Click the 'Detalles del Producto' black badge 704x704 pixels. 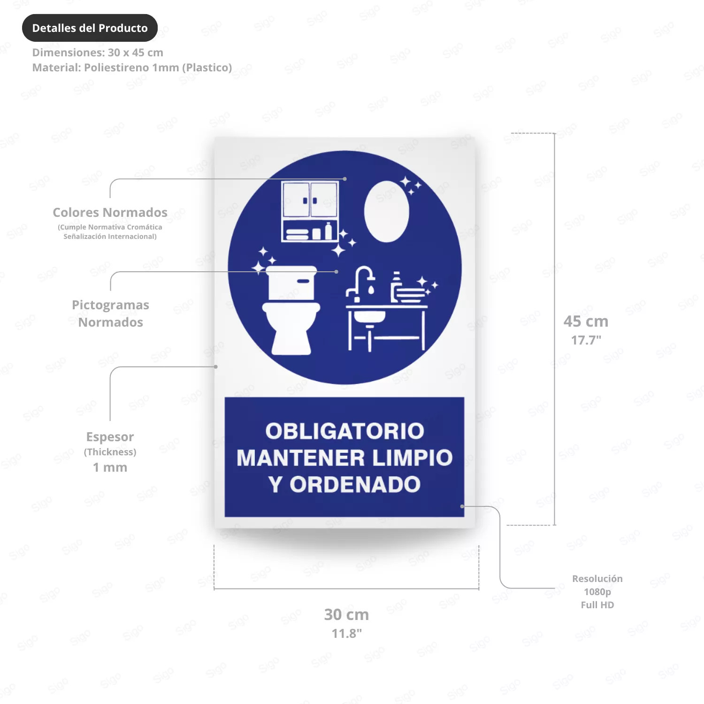coord(90,28)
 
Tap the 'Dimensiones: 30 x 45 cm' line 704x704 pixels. coord(98,53)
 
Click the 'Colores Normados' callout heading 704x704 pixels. coord(110,213)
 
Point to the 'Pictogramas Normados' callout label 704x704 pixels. coord(110,314)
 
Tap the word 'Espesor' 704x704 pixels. coord(110,437)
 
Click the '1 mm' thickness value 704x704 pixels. coord(110,467)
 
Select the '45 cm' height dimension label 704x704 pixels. coord(586,321)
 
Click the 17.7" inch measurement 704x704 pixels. coord(586,340)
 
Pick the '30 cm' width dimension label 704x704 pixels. coord(346,614)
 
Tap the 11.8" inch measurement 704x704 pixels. coord(346,633)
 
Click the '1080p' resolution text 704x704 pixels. coord(597,592)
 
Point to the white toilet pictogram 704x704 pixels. coord(291,310)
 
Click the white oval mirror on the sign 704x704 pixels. coord(386,212)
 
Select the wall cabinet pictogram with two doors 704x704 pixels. coord(310,211)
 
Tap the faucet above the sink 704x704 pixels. coord(360,283)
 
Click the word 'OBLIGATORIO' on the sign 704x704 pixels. coord(344,431)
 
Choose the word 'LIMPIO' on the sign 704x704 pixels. coord(413,458)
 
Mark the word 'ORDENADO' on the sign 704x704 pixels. coord(355,485)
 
